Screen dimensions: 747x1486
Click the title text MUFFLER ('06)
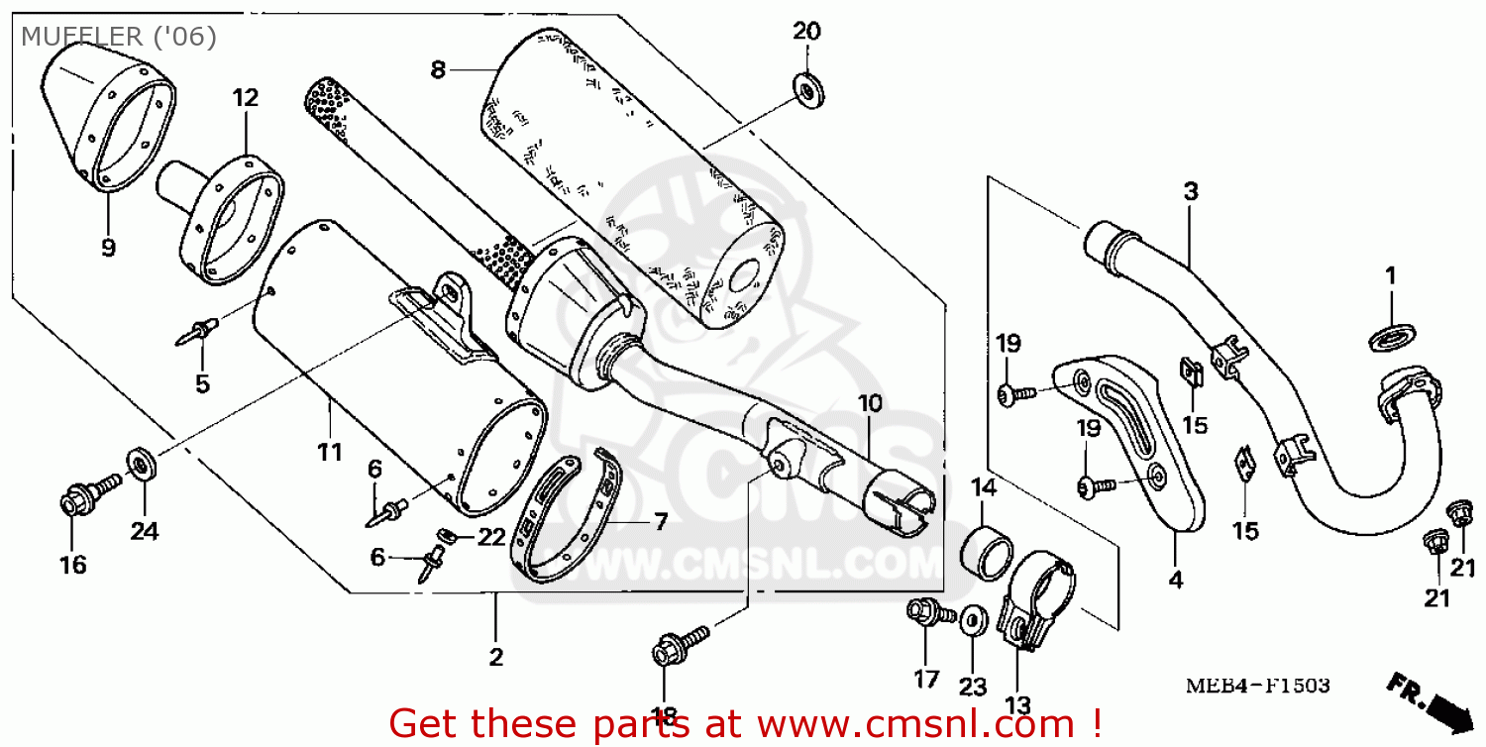tap(118, 37)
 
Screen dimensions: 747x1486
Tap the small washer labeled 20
tap(810, 89)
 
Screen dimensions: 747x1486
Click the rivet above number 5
tap(198, 331)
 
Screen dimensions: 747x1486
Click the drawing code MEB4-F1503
tap(1259, 686)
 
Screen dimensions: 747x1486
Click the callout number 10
tap(869, 404)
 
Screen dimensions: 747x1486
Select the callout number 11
tap(329, 453)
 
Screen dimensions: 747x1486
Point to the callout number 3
tap(1191, 191)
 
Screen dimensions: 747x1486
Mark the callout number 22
tap(492, 537)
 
